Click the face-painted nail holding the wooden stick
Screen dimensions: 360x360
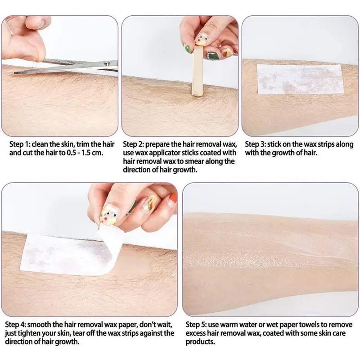201,41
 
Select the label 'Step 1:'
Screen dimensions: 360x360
21,145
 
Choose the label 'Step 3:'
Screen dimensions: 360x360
256,145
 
